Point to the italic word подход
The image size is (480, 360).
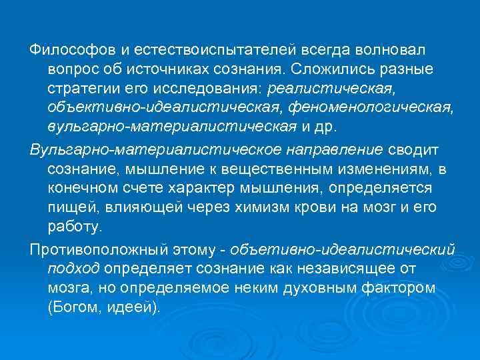point(74,269)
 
